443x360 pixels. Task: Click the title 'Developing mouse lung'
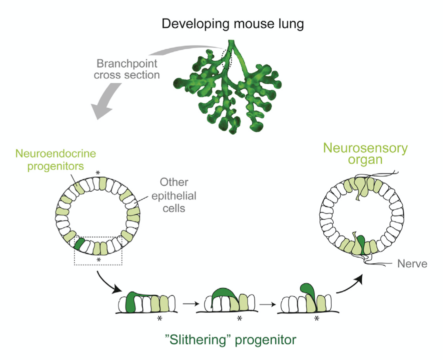(x=233, y=24)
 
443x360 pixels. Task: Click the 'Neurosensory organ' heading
(x=365, y=153)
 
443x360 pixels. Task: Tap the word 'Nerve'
(x=412, y=264)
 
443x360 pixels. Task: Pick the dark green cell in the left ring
(x=80, y=244)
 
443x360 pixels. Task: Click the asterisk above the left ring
(x=97, y=173)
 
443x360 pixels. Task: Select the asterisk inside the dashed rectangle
(x=99, y=260)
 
